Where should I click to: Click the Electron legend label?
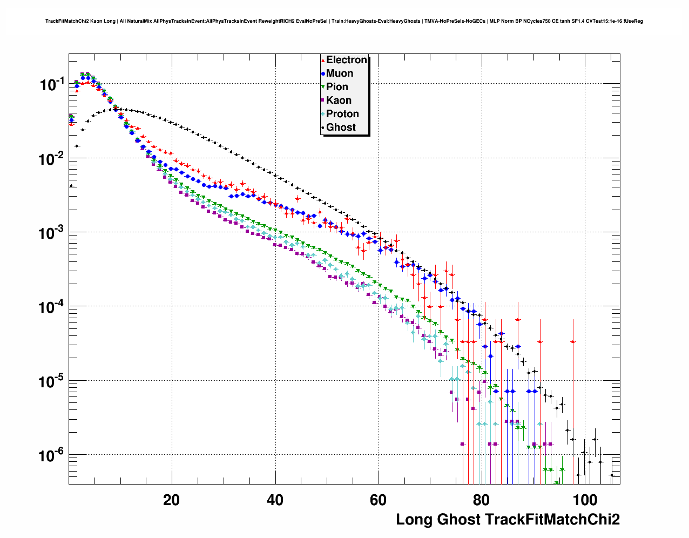pyautogui.click(x=346, y=60)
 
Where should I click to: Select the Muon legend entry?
pyautogui.click(x=340, y=73)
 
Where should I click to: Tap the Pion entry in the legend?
pyautogui.click(x=337, y=87)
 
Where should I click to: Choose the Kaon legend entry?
pyautogui.click(x=339, y=100)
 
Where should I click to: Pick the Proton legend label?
pyautogui.click(x=342, y=114)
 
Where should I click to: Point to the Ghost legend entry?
pyautogui.click(x=341, y=127)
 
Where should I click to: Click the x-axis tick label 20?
pyautogui.click(x=172, y=500)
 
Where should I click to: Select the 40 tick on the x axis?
pyautogui.click(x=275, y=500)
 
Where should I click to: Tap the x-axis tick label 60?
pyautogui.click(x=378, y=500)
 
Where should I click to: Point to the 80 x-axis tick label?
pyautogui.click(x=481, y=500)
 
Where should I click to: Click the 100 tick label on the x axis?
pyautogui.click(x=584, y=500)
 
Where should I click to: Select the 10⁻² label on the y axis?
pyautogui.click(x=52, y=158)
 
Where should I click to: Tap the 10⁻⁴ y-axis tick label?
pyautogui.click(x=52, y=307)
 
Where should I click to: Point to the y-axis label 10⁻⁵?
pyautogui.click(x=52, y=381)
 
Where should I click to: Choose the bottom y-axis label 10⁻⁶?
pyautogui.click(x=52, y=455)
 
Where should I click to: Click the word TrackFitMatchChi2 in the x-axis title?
pyautogui.click(x=552, y=520)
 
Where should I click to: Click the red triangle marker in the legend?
pyautogui.click(x=323, y=60)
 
